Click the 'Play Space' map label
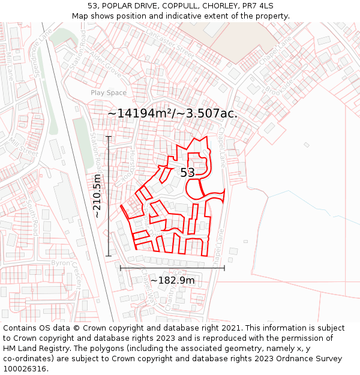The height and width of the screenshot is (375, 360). pyautogui.click(x=109, y=92)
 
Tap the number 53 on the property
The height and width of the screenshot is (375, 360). pyautogui.click(x=188, y=173)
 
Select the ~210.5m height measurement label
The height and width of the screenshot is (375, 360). pyautogui.click(x=97, y=196)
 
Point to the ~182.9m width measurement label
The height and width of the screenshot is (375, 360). pyautogui.click(x=172, y=280)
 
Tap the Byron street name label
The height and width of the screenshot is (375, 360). pyautogui.click(x=61, y=263)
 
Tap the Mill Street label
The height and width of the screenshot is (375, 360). pyautogui.click(x=23, y=148)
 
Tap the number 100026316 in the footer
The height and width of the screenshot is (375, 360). pyautogui.click(x=26, y=368)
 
